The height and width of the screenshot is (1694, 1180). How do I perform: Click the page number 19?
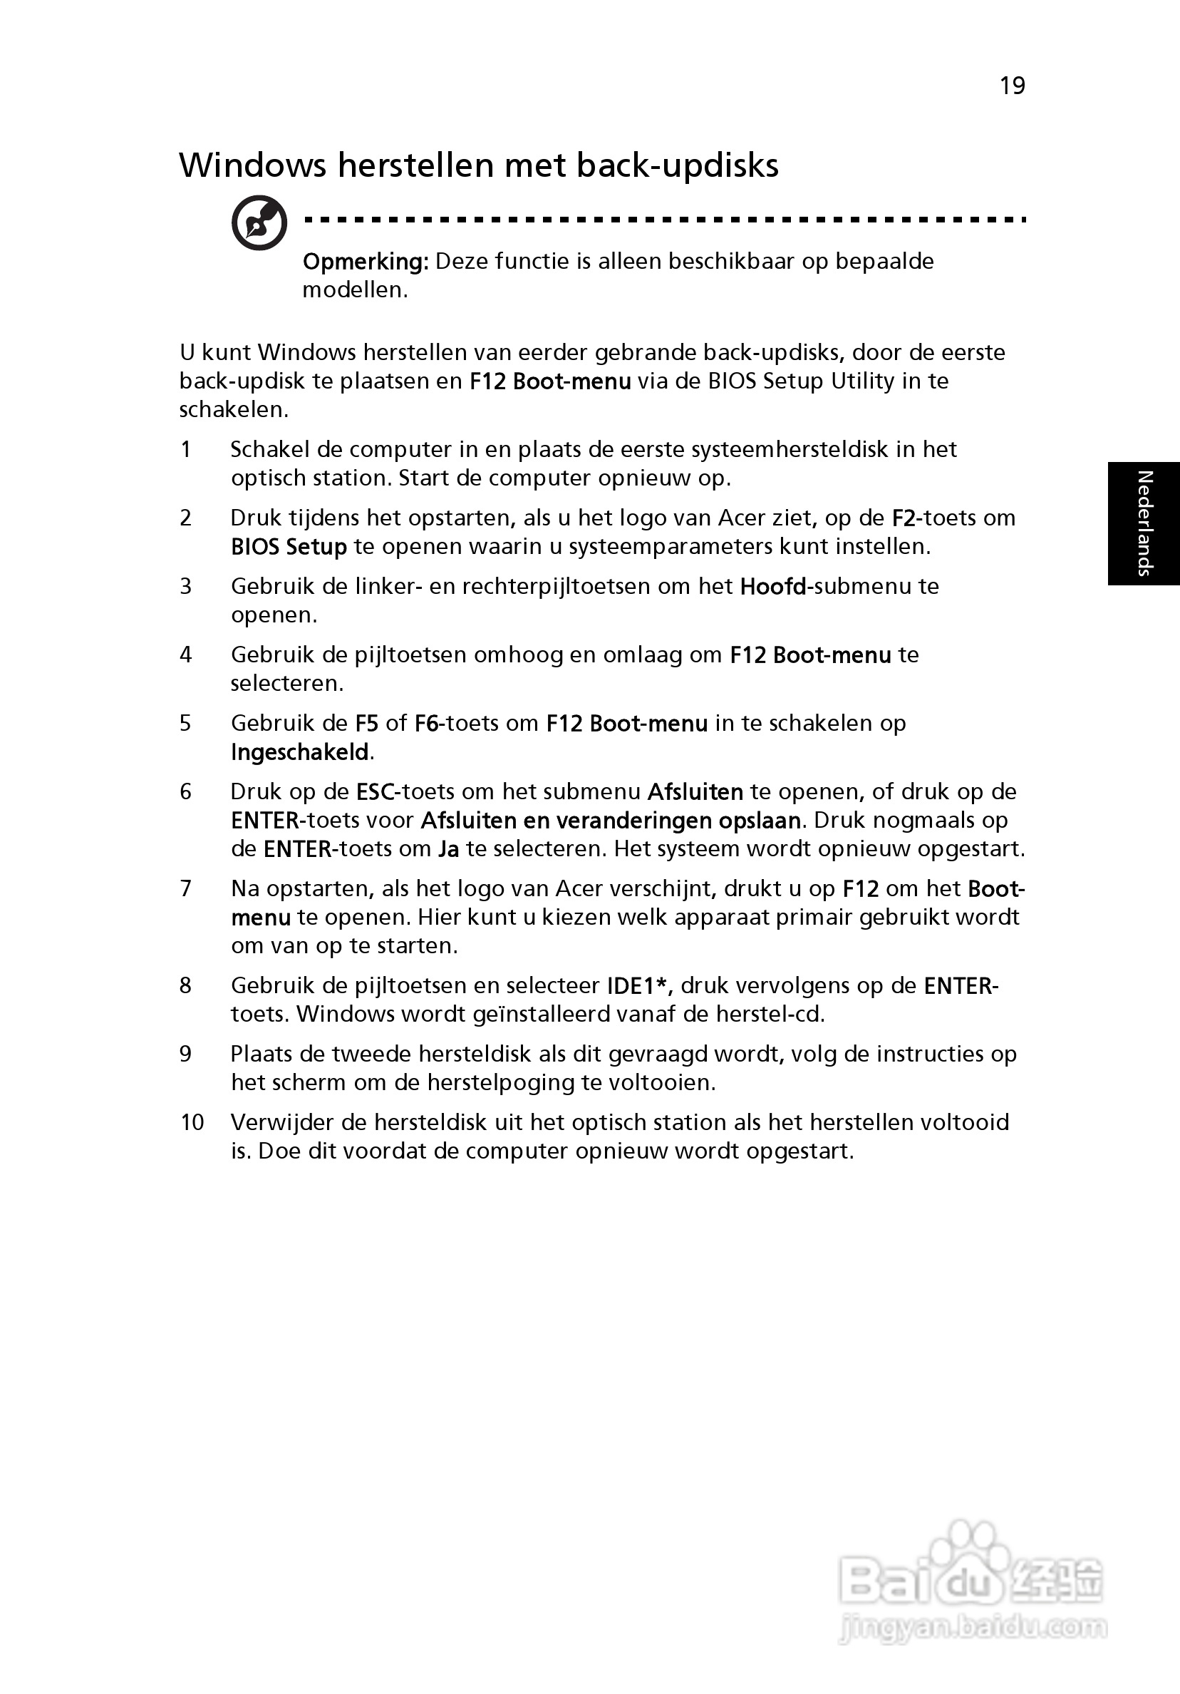coord(1012,86)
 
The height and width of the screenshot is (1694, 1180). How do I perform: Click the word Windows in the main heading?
coord(252,165)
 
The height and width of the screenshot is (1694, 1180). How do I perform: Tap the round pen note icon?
coord(259,223)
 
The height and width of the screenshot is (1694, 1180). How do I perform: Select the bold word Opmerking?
coord(365,261)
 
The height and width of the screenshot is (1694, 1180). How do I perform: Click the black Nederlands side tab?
coord(1143,523)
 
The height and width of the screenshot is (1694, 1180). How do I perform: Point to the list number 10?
coord(192,1122)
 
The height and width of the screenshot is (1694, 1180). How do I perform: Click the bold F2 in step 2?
coord(903,518)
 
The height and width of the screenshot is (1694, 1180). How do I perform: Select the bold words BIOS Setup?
coord(289,547)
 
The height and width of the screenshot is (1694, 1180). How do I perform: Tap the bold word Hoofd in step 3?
coord(772,587)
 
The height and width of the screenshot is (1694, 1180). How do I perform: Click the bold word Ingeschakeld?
coord(299,752)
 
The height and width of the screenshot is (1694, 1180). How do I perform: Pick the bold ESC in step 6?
coord(376,791)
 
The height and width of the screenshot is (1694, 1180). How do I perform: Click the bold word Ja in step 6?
coord(448,849)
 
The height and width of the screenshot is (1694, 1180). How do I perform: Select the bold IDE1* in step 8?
coord(638,986)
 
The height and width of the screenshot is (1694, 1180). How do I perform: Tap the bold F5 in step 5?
coord(366,723)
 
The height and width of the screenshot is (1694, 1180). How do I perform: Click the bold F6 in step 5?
coord(426,723)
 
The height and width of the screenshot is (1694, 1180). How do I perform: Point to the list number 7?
coord(186,888)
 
